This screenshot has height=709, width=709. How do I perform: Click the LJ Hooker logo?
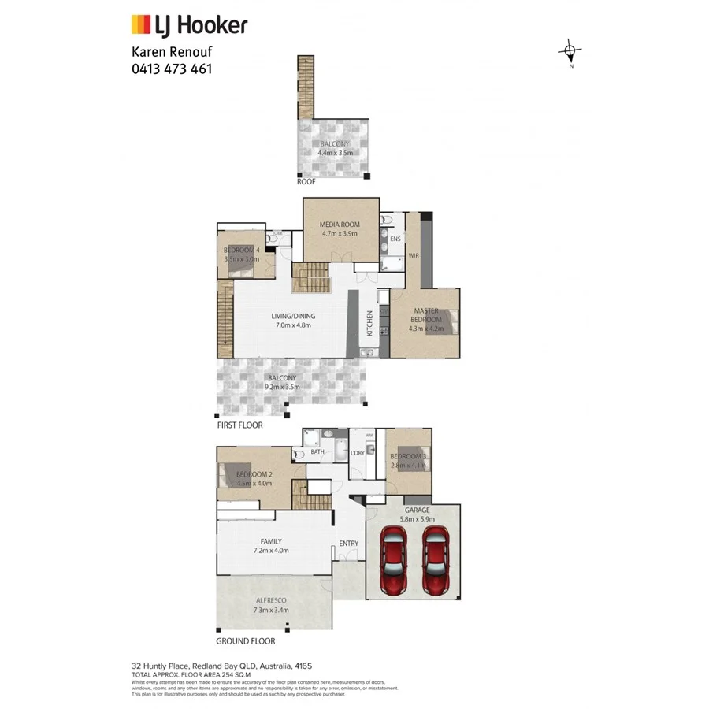188,25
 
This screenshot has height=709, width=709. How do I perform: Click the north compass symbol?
570,54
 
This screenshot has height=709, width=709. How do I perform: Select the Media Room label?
340,229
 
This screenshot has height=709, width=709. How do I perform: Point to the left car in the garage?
393,561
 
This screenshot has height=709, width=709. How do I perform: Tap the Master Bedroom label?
425,316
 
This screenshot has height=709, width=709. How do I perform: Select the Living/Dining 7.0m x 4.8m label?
293,320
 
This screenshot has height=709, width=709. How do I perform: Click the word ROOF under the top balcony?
306,182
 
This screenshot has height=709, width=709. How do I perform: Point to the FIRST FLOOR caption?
239,425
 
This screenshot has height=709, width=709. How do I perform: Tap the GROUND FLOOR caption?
244,641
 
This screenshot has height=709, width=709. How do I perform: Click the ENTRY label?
348,544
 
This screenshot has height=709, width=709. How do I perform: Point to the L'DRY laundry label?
356,452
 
